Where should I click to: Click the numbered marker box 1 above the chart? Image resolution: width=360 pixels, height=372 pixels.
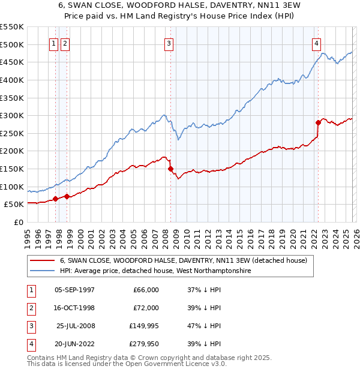[x=54, y=43]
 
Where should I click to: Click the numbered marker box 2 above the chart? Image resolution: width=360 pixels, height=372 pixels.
[x=65, y=43]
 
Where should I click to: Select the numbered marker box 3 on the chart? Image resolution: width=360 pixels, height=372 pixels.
[x=169, y=43]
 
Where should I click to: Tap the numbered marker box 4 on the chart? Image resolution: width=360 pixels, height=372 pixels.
[x=316, y=43]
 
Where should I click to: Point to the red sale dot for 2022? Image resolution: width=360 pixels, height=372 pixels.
[x=318, y=122]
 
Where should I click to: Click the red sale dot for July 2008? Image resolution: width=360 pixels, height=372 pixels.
[x=171, y=169]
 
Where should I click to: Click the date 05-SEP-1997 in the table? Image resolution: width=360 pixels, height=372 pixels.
[x=74, y=290]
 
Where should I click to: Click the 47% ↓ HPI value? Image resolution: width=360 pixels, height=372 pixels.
[x=200, y=326]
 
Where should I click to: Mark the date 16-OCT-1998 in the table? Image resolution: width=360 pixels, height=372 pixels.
[x=74, y=308]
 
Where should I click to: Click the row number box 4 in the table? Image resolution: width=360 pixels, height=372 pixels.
[x=30, y=344]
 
